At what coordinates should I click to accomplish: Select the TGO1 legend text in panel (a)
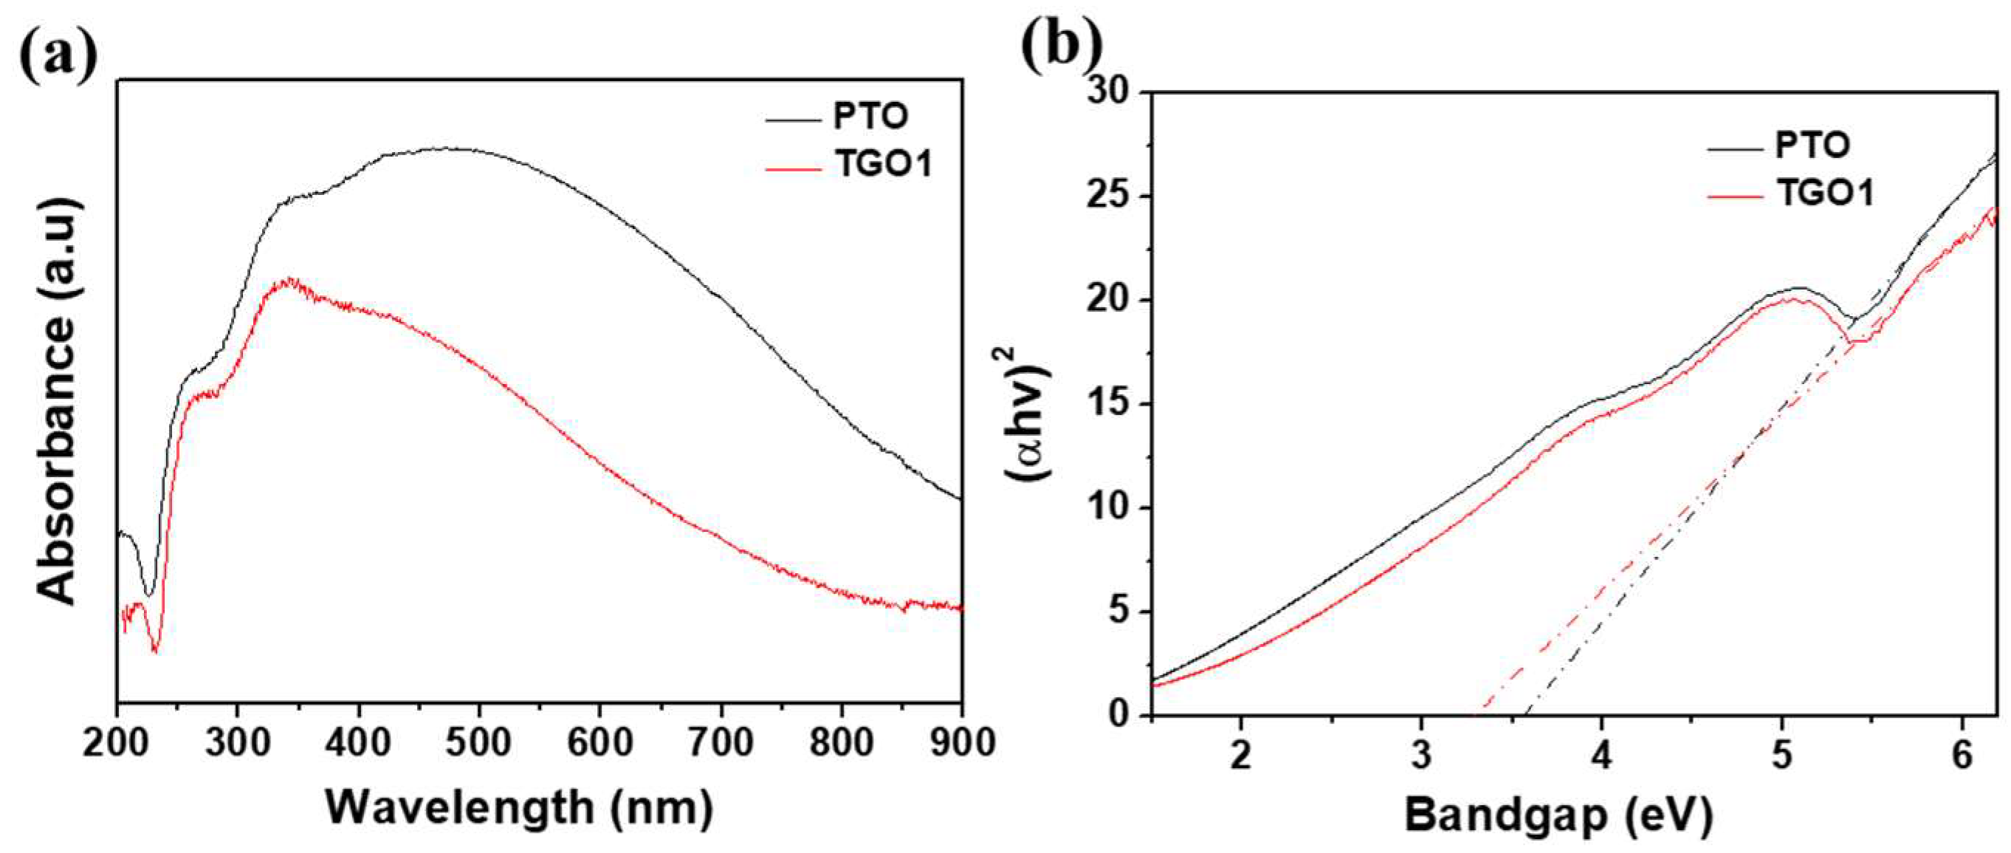[x=884, y=165]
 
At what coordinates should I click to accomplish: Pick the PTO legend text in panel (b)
[x=1812, y=145]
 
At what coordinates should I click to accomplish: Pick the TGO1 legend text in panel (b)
[x=1825, y=193]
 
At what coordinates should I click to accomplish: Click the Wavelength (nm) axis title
[x=519, y=809]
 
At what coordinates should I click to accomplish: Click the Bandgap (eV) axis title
[x=1559, y=815]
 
